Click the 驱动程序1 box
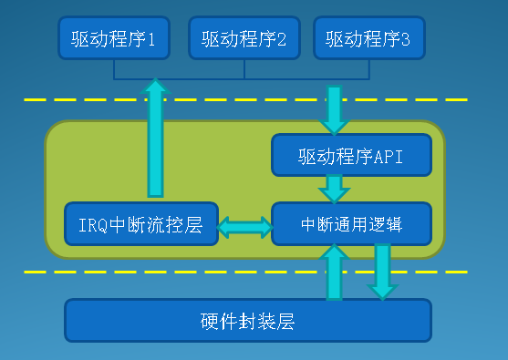(x=114, y=39)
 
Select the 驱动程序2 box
(x=244, y=39)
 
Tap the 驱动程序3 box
(x=368, y=39)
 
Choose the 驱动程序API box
(x=350, y=155)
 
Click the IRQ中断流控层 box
(x=141, y=223)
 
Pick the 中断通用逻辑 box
(x=351, y=223)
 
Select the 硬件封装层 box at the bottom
(x=247, y=320)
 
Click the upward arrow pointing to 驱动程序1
(x=156, y=137)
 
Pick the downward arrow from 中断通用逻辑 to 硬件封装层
(x=382, y=272)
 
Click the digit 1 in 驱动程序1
(x=151, y=39)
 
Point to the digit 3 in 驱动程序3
(x=406, y=39)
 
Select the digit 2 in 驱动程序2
(x=282, y=39)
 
